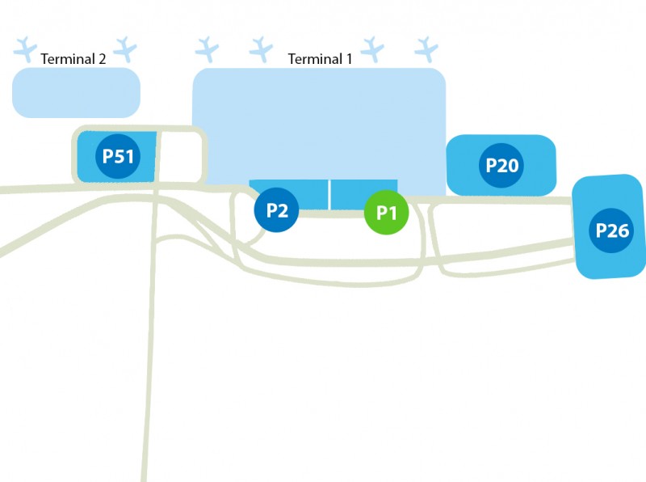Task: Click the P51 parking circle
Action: click(118, 156)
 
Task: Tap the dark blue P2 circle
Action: click(277, 211)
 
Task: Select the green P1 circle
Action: click(387, 214)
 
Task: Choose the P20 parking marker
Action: click(501, 166)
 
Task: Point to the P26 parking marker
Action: click(612, 230)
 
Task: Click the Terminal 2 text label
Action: click(73, 58)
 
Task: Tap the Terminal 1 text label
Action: click(321, 58)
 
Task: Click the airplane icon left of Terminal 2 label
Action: click(26, 49)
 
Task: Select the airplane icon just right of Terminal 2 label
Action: click(126, 49)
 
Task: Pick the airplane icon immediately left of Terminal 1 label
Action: click(261, 49)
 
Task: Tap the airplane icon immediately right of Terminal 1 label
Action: click(372, 49)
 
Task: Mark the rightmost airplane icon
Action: click(426, 49)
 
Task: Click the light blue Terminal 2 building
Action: click(76, 92)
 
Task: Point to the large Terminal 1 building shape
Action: click(318, 121)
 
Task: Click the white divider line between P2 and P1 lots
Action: click(329, 194)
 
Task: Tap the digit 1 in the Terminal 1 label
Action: click(349, 58)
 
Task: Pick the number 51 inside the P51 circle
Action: click(124, 156)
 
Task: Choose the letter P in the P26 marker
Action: click(602, 230)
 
